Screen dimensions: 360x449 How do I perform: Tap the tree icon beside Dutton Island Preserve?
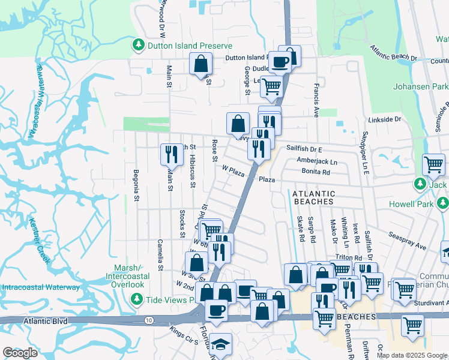coord(139,45)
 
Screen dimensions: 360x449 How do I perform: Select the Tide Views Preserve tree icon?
coord(137,298)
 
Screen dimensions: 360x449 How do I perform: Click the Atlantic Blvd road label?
coord(45,321)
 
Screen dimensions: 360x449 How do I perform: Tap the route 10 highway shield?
coord(148,321)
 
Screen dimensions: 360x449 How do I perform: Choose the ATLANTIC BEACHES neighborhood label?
coord(313,197)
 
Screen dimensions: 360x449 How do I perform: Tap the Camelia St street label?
coord(160,255)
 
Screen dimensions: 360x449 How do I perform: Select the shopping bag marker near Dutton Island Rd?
coord(200,64)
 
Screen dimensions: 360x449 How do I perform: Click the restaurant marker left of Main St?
coord(172,154)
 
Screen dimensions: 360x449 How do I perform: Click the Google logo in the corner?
coord(20,353)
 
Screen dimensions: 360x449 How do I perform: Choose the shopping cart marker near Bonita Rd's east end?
coord(433,164)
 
